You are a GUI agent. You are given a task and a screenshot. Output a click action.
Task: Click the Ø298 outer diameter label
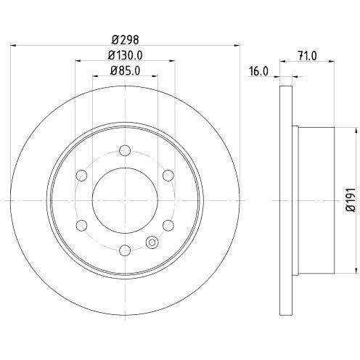coord(124,40)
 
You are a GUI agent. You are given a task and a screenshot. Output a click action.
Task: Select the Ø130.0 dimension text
coord(124,55)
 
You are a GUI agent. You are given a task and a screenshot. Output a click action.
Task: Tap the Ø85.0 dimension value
coord(124,70)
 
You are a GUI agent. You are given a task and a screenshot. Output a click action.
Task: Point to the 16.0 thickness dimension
coord(258,72)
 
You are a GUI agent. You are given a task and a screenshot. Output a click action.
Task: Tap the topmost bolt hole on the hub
coord(124,150)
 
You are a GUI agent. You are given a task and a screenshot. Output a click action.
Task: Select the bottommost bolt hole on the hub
coord(124,250)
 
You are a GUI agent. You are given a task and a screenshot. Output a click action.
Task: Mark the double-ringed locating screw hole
coord(152,242)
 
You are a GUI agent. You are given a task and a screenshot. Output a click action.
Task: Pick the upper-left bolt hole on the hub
coord(81,175)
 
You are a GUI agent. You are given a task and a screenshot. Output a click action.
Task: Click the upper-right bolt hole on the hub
coord(167,175)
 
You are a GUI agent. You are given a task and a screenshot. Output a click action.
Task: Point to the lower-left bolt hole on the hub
coord(81,224)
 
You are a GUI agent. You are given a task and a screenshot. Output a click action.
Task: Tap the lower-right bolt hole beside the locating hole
coord(168,224)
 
